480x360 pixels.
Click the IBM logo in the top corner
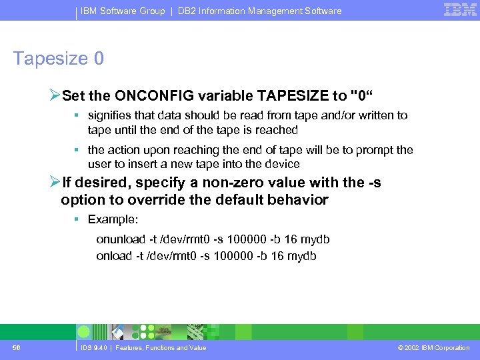click(x=460, y=10)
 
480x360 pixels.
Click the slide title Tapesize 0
click(x=59, y=59)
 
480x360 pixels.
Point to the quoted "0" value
click(x=361, y=93)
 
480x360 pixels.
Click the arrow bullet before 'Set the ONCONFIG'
click(x=55, y=93)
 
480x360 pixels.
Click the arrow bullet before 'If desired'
click(x=55, y=182)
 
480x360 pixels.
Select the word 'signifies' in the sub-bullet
click(x=109, y=115)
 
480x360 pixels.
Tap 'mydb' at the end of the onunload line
click(x=317, y=239)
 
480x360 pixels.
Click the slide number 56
click(x=16, y=347)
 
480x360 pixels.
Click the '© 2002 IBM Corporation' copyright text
click(x=433, y=348)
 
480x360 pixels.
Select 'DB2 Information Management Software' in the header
click(x=259, y=11)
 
